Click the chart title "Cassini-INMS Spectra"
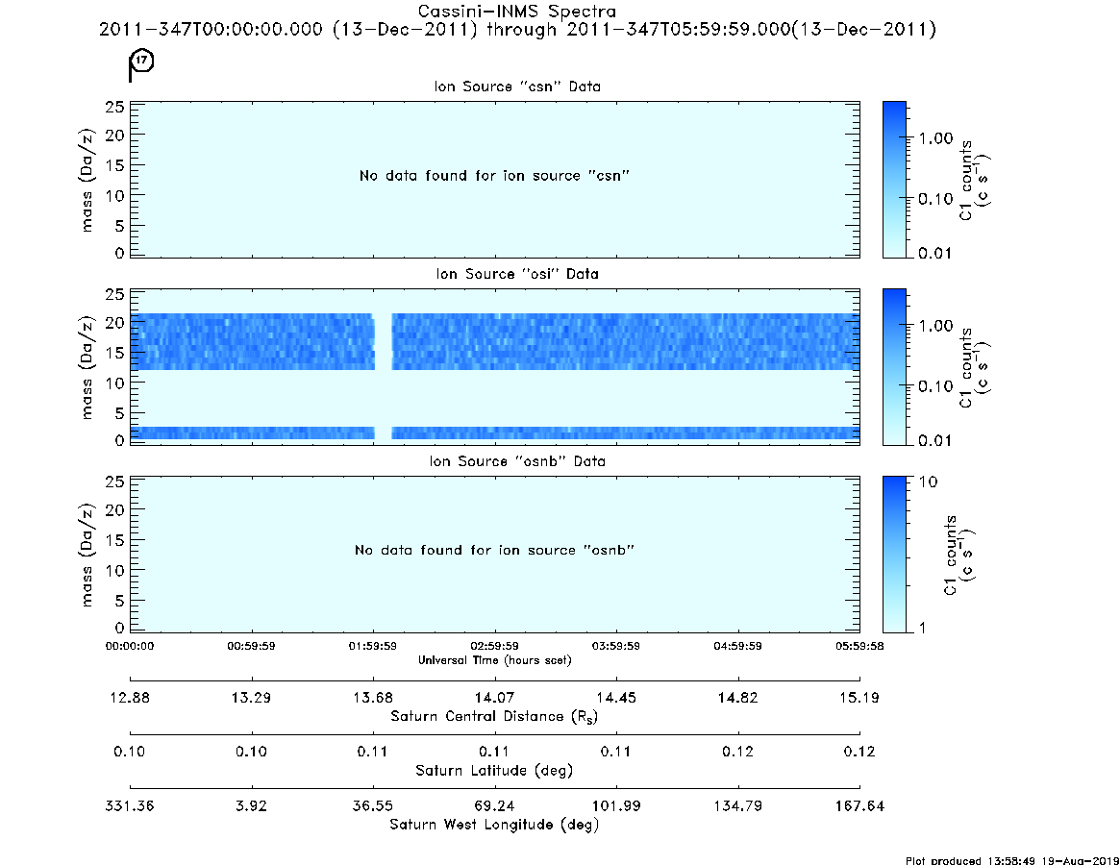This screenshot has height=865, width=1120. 516,12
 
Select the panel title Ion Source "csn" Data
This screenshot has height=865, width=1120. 517,86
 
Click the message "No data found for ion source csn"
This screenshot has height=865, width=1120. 494,176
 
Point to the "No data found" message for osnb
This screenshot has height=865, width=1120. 494,550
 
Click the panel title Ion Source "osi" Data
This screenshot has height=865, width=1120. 517,274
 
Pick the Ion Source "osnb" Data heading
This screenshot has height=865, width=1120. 517,461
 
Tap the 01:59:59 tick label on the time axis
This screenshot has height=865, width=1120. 373,646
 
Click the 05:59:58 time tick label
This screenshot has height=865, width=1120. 859,646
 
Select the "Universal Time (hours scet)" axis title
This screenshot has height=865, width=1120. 494,660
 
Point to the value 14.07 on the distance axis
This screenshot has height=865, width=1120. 494,698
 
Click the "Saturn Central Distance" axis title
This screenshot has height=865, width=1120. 494,716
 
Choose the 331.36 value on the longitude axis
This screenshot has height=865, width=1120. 129,805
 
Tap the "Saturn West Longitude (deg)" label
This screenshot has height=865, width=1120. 494,825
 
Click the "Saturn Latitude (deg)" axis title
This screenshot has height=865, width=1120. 494,771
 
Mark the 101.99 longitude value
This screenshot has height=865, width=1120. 615,805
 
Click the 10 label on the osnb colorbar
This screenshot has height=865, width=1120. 928,482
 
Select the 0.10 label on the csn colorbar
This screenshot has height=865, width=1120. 935,199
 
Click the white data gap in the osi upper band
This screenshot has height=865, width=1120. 384,341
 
